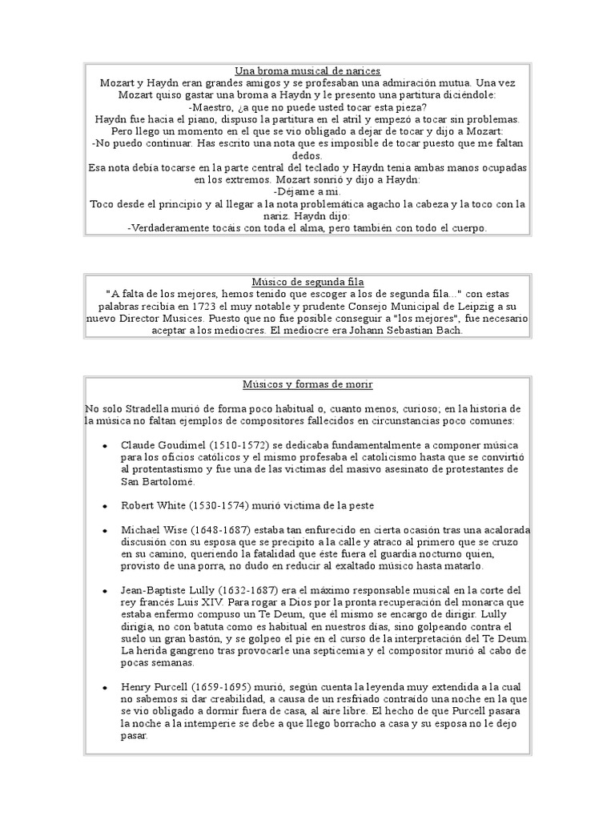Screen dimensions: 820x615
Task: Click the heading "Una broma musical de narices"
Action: [x=308, y=70]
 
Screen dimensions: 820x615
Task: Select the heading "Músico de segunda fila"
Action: [x=308, y=282]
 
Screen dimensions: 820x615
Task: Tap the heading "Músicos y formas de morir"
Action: [x=308, y=384]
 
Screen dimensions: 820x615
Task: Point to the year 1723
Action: [x=227, y=307]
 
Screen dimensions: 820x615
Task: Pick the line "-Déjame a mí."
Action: [x=308, y=192]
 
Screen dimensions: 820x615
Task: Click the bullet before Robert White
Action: [x=107, y=507]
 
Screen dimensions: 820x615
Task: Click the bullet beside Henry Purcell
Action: [x=107, y=687]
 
